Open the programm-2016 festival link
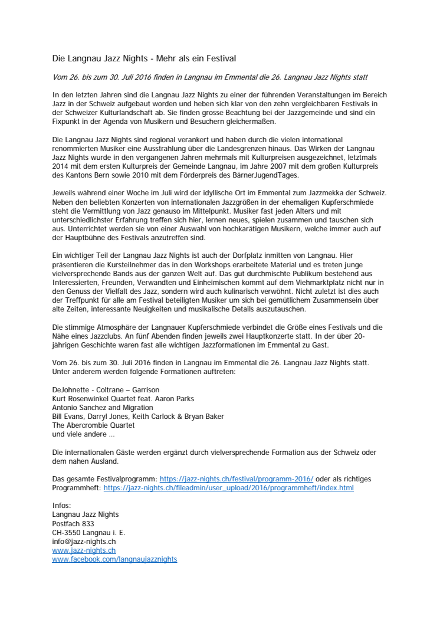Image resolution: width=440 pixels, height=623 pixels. [x=237, y=478]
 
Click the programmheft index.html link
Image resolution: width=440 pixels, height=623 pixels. [x=228, y=488]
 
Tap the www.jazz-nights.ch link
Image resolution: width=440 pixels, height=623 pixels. [x=84, y=550]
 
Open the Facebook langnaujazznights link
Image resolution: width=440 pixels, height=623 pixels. [x=114, y=559]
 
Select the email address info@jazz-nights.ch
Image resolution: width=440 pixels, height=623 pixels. [x=84, y=541]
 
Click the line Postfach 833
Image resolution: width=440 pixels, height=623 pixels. [x=73, y=523]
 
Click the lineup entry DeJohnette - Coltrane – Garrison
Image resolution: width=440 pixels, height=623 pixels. [x=106, y=389]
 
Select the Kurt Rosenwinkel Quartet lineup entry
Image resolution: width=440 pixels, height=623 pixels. [x=123, y=398]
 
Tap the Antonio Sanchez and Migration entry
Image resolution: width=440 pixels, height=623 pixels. [x=103, y=407]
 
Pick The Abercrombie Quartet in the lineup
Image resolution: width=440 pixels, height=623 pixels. [x=93, y=425]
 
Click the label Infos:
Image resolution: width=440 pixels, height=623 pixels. [x=61, y=506]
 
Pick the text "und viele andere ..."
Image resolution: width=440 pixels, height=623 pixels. [x=84, y=434]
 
